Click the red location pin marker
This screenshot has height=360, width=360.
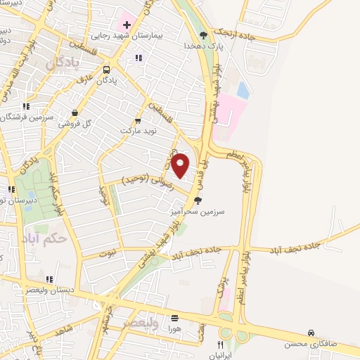[x=181, y=165]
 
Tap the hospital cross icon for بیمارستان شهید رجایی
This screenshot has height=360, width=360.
[x=127, y=25]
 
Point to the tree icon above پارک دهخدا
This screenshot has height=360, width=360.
[x=204, y=34]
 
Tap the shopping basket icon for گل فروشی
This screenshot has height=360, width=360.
[x=75, y=112]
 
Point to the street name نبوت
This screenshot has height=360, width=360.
[x=106, y=251]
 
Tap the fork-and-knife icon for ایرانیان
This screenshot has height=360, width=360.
[x=220, y=345]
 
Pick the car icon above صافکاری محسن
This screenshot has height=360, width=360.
[x=311, y=333]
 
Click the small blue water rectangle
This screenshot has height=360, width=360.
[x=243, y=90]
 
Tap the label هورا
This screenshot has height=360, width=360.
[x=174, y=328]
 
